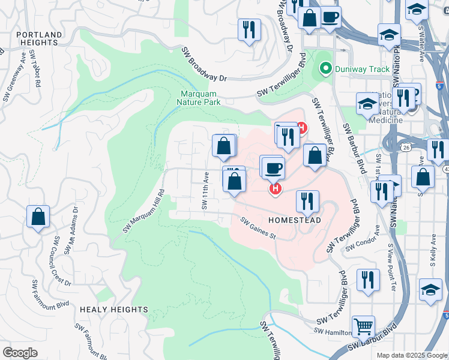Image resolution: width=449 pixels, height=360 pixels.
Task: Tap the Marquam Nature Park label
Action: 202,98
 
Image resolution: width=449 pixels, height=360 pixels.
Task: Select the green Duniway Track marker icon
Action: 325,69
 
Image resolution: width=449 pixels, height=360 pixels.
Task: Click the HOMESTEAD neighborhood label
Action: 294,220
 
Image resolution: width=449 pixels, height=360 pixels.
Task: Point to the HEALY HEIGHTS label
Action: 113,310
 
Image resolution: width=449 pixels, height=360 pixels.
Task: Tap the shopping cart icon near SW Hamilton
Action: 363,326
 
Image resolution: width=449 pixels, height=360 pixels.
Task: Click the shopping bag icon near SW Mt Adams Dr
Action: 38,217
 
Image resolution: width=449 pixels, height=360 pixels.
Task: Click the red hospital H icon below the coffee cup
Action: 275,189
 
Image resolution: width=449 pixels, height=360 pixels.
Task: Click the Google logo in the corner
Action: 20,353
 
